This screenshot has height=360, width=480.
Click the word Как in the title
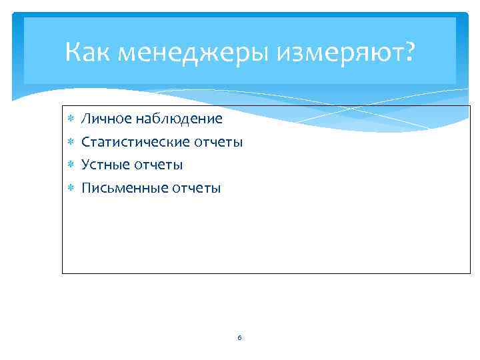tap(88, 51)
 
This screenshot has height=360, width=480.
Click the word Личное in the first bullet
tap(105, 119)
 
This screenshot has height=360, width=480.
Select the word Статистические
tap(135, 142)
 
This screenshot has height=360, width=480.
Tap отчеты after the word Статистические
tap(219, 143)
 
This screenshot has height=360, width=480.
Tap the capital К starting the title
tap(74, 51)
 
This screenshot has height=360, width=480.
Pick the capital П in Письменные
tap(86, 188)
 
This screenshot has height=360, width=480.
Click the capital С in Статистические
tap(85, 142)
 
